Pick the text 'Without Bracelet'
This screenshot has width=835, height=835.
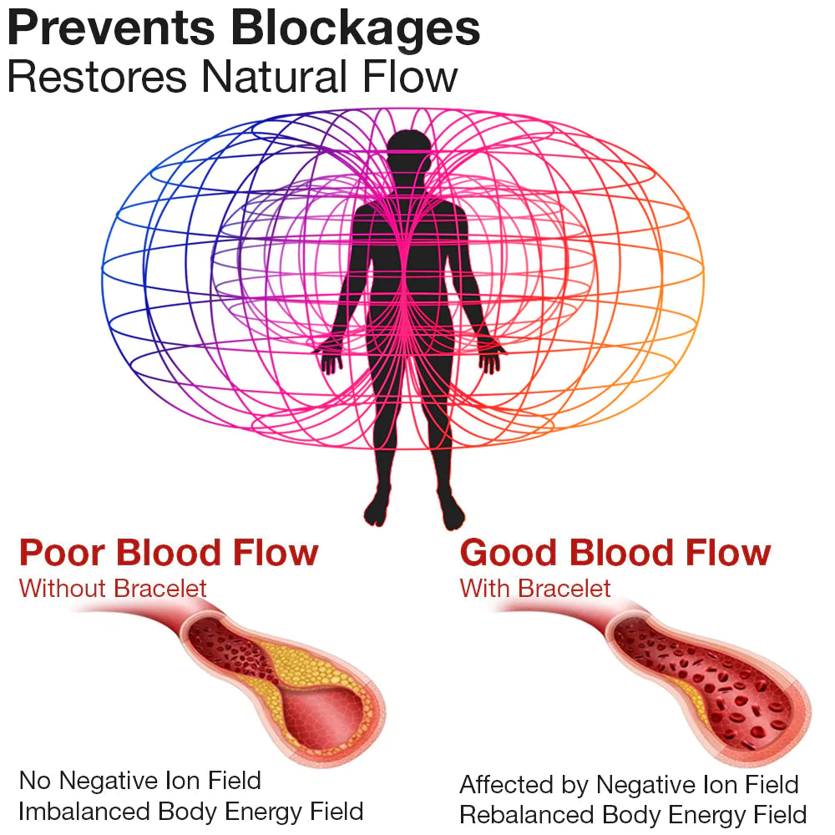pyautogui.click(x=113, y=588)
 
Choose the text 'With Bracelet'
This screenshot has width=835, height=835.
pyautogui.click(x=535, y=588)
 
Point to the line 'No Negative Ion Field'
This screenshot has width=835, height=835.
pyautogui.click(x=140, y=781)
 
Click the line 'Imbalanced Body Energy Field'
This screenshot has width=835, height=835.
pyautogui.click(x=191, y=811)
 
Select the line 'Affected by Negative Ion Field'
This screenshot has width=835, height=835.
pyautogui.click(x=629, y=785)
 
